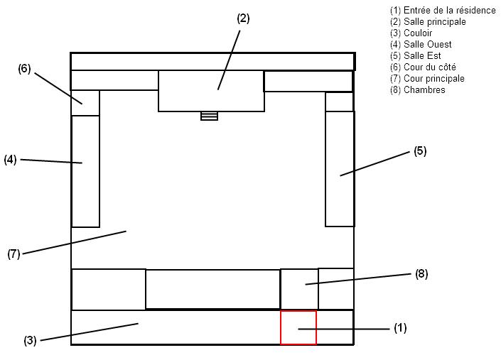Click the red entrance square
point(298,328)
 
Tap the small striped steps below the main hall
point(209,116)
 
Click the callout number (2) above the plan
point(243,18)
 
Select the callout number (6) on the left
point(25,69)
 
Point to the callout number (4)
point(10,160)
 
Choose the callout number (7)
point(14,253)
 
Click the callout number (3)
point(30,341)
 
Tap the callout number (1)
point(400,328)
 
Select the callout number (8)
point(421,273)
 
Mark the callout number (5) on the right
point(420,151)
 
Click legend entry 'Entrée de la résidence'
point(443,11)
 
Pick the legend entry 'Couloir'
point(411,33)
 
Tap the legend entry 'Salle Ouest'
point(421,45)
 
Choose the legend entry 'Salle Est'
point(416,56)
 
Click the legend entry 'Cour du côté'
point(423,67)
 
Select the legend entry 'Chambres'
point(418,90)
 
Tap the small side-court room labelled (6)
point(85,103)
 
